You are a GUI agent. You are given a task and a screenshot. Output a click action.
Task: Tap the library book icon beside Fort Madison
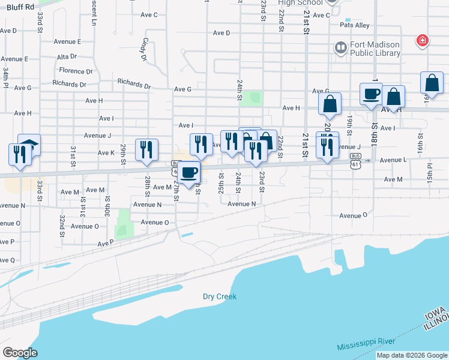341,46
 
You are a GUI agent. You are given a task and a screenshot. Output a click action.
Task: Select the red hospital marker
423,41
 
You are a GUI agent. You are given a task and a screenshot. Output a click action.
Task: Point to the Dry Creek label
220,296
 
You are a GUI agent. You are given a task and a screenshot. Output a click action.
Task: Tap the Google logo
20,352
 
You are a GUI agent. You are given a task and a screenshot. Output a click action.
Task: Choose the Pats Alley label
355,25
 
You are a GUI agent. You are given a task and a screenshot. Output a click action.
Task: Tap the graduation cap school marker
29,145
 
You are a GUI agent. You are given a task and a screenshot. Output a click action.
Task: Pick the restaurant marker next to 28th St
146,149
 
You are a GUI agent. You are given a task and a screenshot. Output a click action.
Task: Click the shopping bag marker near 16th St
432,84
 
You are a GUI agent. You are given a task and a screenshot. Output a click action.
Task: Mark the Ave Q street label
7,260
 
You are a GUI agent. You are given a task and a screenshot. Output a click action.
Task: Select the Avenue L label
393,160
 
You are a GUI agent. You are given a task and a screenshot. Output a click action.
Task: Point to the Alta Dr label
67,56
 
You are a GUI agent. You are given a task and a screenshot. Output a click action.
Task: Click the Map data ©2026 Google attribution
412,355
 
